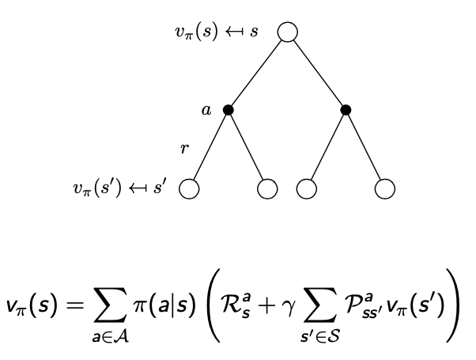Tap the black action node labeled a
point(229,110)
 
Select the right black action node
point(346,110)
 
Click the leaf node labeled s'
point(189,189)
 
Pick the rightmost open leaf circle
point(384,189)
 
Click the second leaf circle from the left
point(267,189)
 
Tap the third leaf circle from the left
point(306,189)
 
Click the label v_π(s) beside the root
point(198,32)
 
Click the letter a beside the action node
point(207,111)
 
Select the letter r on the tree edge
point(184,148)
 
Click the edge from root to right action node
point(317,72)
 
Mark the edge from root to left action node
point(257,72)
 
